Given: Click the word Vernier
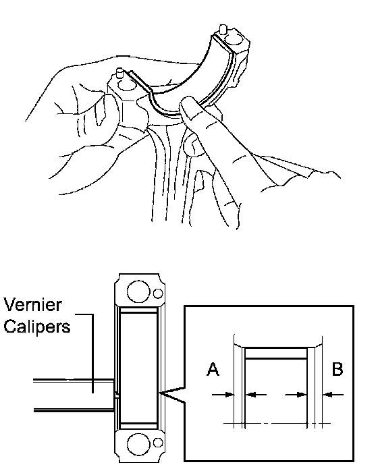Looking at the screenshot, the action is pyautogui.click(x=33, y=305).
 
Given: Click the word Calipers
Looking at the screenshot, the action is pyautogui.click(x=37, y=327).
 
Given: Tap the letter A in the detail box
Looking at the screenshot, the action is pyautogui.click(x=213, y=370).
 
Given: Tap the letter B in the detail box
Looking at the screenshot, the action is pyautogui.click(x=337, y=369).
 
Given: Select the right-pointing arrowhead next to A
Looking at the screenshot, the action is pyautogui.click(x=230, y=395).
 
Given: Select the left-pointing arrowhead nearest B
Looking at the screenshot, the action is pyautogui.click(x=327, y=395).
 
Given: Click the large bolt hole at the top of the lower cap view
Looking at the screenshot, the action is pyautogui.click(x=138, y=291).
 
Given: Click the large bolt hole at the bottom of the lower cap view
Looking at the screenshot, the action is pyautogui.click(x=138, y=445).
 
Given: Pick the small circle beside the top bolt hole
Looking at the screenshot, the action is pyautogui.click(x=158, y=294).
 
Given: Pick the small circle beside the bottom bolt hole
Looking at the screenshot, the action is pyautogui.click(x=158, y=443).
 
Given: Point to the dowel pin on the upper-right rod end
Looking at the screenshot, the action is pyautogui.click(x=223, y=29).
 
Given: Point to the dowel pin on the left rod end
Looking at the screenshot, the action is pyautogui.click(x=119, y=73).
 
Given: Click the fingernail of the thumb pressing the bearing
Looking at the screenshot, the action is pyautogui.click(x=188, y=107).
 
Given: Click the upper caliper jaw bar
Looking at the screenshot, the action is pyautogui.click(x=74, y=381).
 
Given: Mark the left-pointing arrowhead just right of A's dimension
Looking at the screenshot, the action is pyautogui.click(x=250, y=395).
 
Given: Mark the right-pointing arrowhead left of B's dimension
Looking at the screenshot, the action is pyautogui.click(x=302, y=395).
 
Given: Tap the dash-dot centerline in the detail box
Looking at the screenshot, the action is pyautogui.click(x=277, y=423).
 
